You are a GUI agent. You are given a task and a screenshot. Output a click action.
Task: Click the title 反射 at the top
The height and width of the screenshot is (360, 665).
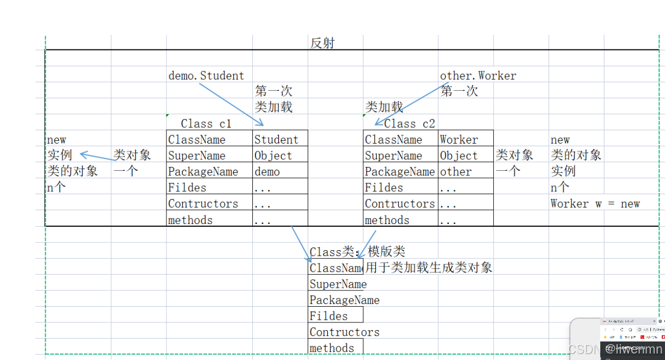(322, 43)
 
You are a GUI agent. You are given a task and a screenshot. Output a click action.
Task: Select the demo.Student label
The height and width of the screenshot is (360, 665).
(206, 76)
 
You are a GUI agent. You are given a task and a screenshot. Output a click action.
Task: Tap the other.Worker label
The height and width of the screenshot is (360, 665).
(478, 76)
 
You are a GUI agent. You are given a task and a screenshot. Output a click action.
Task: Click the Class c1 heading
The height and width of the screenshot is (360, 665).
(206, 124)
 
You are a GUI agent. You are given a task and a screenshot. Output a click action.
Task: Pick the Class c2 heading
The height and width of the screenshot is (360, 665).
(409, 124)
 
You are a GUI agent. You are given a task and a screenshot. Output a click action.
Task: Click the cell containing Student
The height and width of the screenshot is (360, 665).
(277, 140)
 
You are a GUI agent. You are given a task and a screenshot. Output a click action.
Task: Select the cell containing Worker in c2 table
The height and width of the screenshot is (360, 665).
(459, 140)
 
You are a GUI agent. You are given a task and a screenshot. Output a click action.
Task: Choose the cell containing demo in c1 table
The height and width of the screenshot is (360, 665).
(268, 172)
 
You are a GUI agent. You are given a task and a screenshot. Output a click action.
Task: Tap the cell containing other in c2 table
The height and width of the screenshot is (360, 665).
(456, 172)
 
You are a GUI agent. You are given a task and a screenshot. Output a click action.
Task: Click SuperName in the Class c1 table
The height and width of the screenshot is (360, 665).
(197, 156)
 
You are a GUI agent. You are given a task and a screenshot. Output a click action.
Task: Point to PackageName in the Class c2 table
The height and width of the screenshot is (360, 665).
(400, 172)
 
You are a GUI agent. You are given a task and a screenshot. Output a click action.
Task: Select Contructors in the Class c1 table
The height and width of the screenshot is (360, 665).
(203, 204)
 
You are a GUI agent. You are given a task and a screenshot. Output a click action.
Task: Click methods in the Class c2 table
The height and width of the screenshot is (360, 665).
(387, 220)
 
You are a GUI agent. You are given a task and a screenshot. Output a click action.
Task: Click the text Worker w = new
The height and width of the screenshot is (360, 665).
(595, 204)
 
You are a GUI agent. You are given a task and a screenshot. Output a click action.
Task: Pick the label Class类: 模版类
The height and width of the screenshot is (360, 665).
(357, 252)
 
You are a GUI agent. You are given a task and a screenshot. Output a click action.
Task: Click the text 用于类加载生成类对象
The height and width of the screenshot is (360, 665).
(428, 268)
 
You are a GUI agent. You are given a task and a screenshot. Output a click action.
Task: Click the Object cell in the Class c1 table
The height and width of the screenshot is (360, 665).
(274, 156)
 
